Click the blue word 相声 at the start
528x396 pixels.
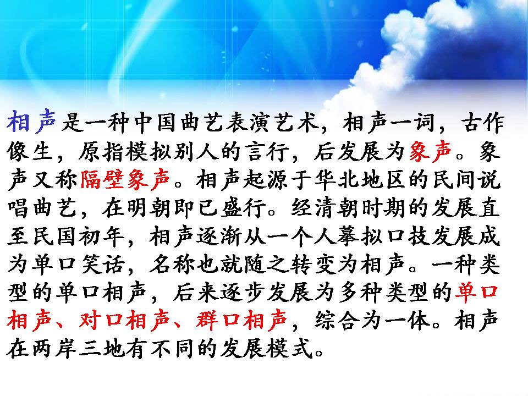tap(31, 121)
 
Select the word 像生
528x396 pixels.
tap(31, 150)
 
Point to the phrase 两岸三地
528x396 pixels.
tap(79, 349)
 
